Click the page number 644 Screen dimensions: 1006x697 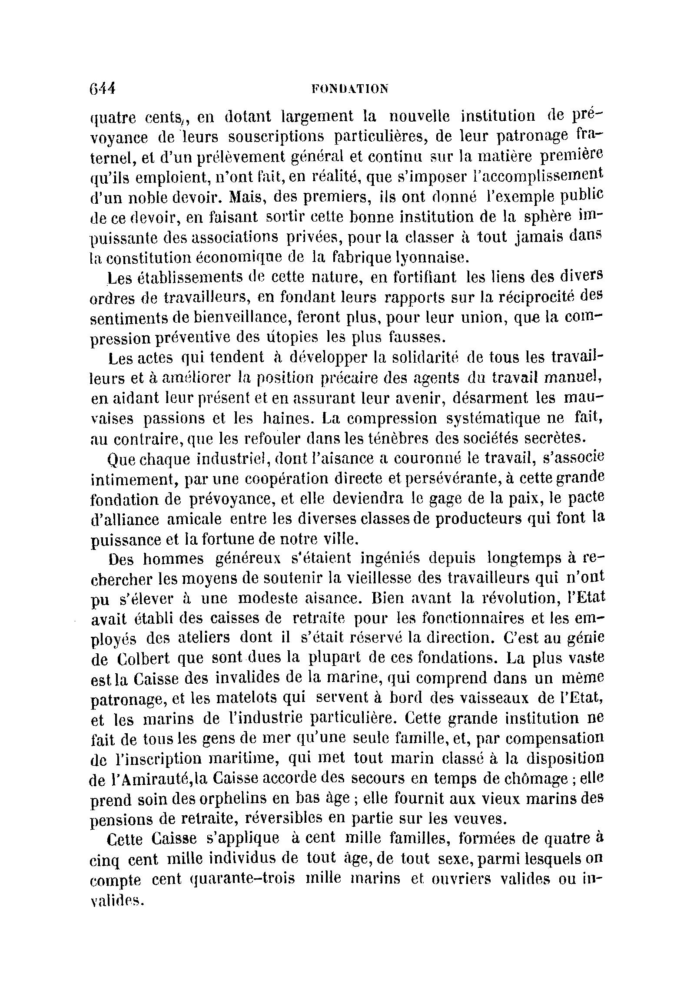coord(102,88)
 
